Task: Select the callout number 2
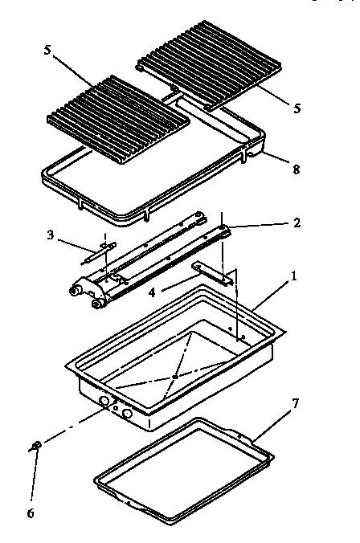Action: pyautogui.click(x=297, y=223)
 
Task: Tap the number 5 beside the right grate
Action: pyautogui.click(x=297, y=107)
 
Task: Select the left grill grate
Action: pyautogui.click(x=119, y=112)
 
